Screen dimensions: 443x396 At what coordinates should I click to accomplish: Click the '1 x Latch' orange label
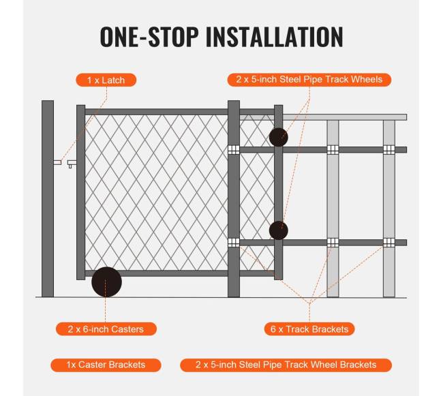point(106,80)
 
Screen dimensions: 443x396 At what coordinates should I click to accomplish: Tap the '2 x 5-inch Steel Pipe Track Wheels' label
point(309,80)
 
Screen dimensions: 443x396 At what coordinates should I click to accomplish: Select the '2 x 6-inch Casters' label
point(106,329)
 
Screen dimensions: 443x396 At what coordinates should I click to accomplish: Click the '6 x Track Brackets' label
point(309,329)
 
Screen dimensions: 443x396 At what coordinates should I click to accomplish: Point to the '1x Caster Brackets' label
point(106,365)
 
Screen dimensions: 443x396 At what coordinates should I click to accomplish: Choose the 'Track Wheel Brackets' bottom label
point(286,365)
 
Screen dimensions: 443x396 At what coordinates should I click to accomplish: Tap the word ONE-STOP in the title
point(149,37)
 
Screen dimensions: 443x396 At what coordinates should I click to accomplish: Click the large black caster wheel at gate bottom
point(106,282)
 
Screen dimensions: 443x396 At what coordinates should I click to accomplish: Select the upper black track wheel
point(279,137)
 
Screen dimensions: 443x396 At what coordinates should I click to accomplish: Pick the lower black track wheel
point(279,230)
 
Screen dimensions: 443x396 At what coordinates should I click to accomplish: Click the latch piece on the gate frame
point(72,164)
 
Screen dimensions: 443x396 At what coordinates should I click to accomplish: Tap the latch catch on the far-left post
point(57,162)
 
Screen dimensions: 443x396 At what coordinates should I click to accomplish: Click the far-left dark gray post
point(48,198)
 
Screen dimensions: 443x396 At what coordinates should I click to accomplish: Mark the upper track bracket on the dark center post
point(234,150)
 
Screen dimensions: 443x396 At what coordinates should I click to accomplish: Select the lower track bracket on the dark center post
point(234,243)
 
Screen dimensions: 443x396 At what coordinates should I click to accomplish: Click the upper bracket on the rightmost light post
point(389,150)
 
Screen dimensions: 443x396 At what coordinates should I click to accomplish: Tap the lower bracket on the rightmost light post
point(389,243)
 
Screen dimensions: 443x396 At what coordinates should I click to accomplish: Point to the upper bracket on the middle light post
point(333,150)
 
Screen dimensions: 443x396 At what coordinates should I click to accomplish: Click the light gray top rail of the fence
point(345,117)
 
